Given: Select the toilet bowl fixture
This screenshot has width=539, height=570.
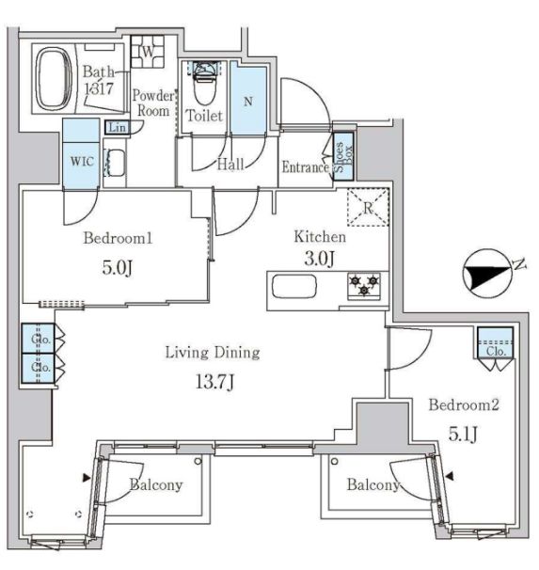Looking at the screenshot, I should pyautogui.click(x=204, y=86).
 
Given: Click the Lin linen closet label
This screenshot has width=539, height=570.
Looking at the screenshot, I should pyautogui.click(x=117, y=128).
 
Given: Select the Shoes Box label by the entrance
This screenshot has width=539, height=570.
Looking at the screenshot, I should pyautogui.click(x=343, y=155).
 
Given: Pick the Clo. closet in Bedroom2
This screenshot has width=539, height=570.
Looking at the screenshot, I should pyautogui.click(x=495, y=342).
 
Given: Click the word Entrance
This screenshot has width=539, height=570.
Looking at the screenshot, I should pyautogui.click(x=305, y=168).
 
